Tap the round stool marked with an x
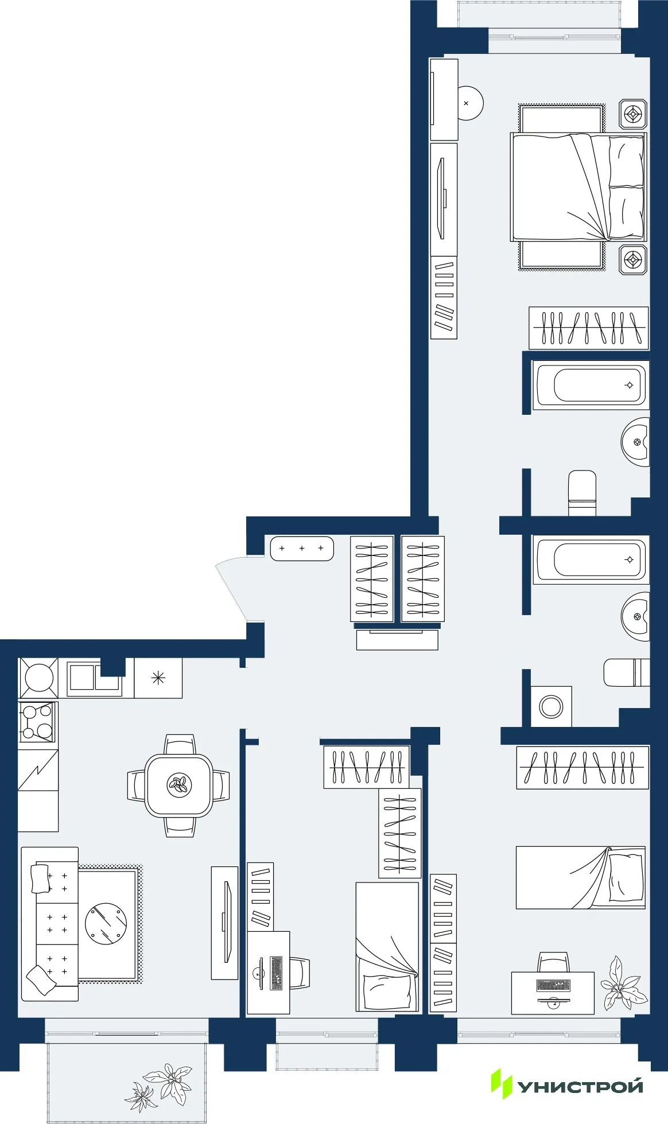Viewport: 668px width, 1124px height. point(468,103)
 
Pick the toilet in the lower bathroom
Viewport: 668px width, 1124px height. point(626,672)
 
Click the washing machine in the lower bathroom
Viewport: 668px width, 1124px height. point(551,706)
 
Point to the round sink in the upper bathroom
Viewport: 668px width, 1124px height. point(636,442)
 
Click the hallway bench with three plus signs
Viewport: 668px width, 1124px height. point(302,549)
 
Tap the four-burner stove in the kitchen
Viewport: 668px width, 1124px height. point(37,722)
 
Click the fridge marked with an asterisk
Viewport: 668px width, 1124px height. point(158,678)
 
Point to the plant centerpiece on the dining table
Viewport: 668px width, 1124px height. point(179,784)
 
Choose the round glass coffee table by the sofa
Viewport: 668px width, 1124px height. point(106,924)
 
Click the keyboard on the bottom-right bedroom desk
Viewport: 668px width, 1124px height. point(553,985)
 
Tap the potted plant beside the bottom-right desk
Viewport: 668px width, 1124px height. point(623,984)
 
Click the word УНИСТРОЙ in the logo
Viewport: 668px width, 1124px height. point(581,1087)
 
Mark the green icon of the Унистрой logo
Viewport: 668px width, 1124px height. point(501,1083)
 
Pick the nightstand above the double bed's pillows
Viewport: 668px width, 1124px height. point(633,114)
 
